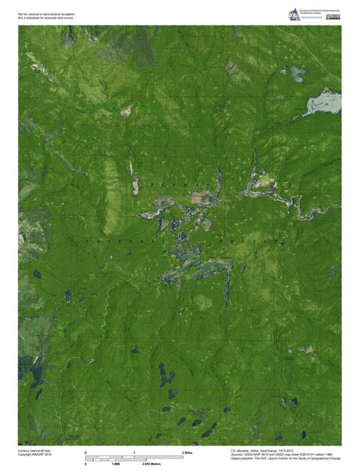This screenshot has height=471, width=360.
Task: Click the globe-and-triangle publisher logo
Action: click(293, 13)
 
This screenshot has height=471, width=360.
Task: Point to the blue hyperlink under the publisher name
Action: click(313, 18)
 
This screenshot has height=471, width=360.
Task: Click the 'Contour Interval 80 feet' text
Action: click(34, 450)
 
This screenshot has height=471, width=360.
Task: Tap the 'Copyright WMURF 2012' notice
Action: click(34, 454)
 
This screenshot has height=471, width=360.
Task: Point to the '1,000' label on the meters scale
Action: click(115, 464)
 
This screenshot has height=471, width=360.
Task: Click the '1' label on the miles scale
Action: click(134, 453)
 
